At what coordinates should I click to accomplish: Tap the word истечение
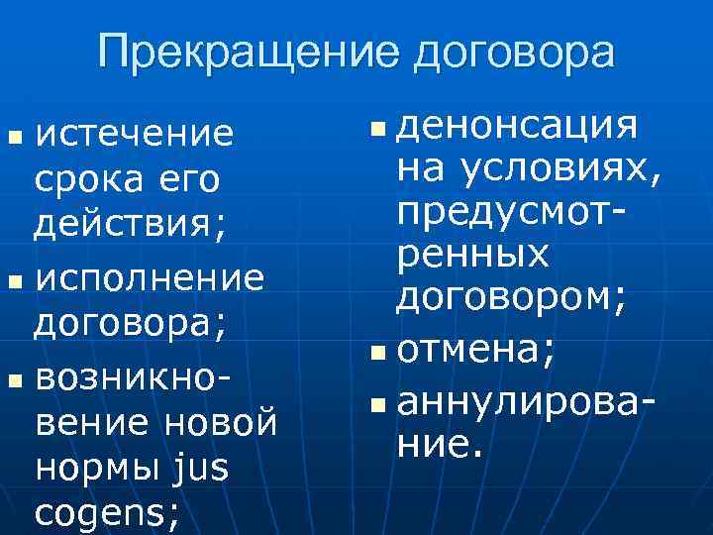pos(135,134)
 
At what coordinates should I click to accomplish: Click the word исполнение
pos(149,278)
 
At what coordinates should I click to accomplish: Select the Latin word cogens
pos(103,513)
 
